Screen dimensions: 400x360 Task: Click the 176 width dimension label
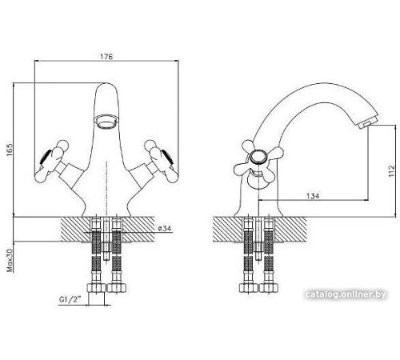pos(106,57)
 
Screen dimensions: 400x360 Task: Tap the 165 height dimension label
pos(10,150)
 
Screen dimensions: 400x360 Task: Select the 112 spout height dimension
pos(391,170)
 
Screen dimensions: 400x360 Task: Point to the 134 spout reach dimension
pos(313,196)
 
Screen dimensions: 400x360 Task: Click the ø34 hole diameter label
pos(164,228)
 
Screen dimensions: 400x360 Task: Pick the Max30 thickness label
pos(10,261)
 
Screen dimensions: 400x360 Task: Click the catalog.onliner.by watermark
pos(346,294)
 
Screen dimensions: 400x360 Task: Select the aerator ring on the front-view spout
pos(106,121)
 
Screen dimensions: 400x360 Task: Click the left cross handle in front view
pos(52,162)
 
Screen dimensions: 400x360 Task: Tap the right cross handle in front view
pos(162,162)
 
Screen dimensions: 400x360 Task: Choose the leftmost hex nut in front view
pos(96,288)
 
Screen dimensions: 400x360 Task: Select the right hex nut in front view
pos(117,288)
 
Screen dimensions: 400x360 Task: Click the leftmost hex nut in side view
pos(249,288)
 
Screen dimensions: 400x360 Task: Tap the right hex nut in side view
pos(269,288)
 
